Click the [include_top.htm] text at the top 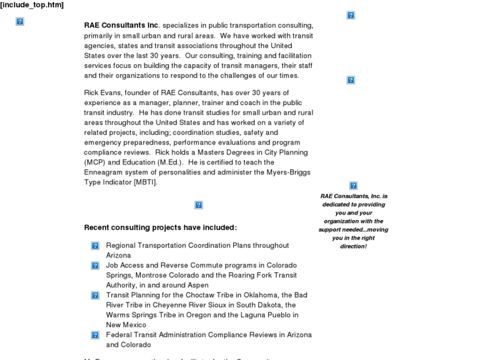click(32, 5)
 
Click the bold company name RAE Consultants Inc click(121, 26)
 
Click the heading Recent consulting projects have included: click(160, 227)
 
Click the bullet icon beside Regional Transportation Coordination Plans click(95, 246)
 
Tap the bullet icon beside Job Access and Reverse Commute click(95, 266)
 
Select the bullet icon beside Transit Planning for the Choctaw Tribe click(95, 295)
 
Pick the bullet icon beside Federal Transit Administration click(95, 335)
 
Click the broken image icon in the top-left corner click(20, 22)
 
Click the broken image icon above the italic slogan click(353, 186)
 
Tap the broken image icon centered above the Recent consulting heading click(199, 205)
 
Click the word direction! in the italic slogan click(353, 246)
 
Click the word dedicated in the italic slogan click(338, 205)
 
